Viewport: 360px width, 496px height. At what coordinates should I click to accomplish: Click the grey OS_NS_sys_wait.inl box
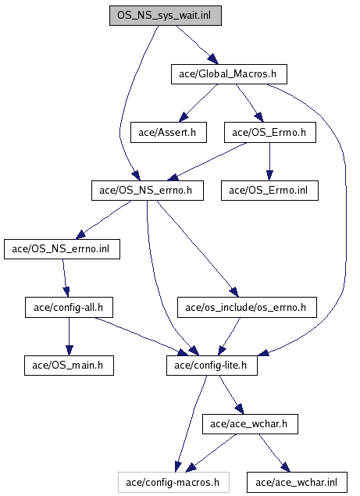tap(166, 16)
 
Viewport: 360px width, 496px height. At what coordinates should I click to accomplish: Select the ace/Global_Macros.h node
tap(229, 74)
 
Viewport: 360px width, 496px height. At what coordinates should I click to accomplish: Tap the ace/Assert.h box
tap(169, 133)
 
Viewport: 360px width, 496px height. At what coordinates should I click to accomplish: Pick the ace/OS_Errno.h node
tap(270, 133)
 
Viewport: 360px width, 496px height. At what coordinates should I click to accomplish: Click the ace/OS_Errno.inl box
tap(270, 191)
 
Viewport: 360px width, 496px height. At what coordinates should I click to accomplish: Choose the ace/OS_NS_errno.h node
tap(148, 191)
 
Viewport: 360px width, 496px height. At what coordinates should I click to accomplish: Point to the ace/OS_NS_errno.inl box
tap(62, 249)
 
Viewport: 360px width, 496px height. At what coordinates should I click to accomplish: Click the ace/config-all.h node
tap(69, 308)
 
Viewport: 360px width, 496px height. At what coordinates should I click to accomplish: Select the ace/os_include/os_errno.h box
tap(247, 308)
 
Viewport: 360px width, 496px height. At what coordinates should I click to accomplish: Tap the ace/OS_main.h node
tap(69, 366)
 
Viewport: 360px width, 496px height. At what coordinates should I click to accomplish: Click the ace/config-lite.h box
tap(212, 366)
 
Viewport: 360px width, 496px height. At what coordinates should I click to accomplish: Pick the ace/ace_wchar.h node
tap(250, 424)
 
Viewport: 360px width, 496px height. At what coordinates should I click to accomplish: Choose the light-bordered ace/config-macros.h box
tap(173, 483)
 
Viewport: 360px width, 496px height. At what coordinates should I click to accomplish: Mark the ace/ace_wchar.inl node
tap(297, 483)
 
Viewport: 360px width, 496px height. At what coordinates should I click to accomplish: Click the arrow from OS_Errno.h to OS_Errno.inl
tap(270, 162)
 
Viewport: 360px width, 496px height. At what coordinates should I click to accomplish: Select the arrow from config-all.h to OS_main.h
tap(70, 337)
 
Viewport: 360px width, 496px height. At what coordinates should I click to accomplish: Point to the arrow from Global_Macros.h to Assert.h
tap(198, 103)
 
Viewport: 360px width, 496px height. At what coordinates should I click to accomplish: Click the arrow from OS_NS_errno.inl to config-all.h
tap(66, 278)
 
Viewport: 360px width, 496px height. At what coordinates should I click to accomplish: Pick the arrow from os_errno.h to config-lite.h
tap(229, 337)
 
